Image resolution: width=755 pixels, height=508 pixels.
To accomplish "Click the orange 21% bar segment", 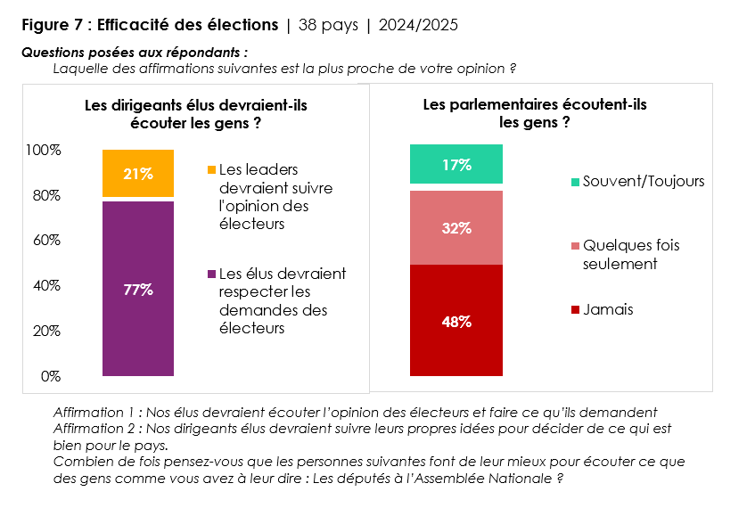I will (x=138, y=174).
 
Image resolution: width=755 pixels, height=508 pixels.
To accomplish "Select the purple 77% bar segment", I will (x=138, y=289).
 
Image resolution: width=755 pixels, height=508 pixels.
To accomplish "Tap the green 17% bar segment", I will (x=456, y=164).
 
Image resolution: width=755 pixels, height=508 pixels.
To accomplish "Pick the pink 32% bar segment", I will (x=456, y=227).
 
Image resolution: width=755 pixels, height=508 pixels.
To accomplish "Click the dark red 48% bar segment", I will (x=456, y=321).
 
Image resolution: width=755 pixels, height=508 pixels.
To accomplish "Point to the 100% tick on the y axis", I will (x=44, y=151).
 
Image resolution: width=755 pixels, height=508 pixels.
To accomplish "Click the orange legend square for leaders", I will (x=211, y=169).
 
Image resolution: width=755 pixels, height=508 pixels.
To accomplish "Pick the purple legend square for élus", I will (x=211, y=274).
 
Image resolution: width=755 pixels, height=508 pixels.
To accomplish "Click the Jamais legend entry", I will (x=608, y=310).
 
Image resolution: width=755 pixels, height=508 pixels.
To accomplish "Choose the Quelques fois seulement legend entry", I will (x=629, y=254).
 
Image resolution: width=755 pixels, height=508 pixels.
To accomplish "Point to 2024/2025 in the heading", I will (x=418, y=25).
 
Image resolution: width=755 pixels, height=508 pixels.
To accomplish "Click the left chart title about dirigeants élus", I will (x=195, y=114).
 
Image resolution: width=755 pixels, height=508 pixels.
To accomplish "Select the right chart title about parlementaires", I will (x=534, y=114).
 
